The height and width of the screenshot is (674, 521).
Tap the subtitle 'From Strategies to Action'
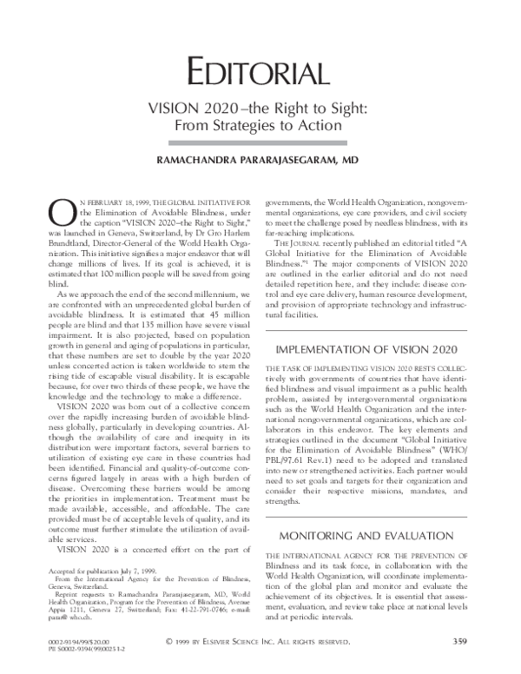260,127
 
